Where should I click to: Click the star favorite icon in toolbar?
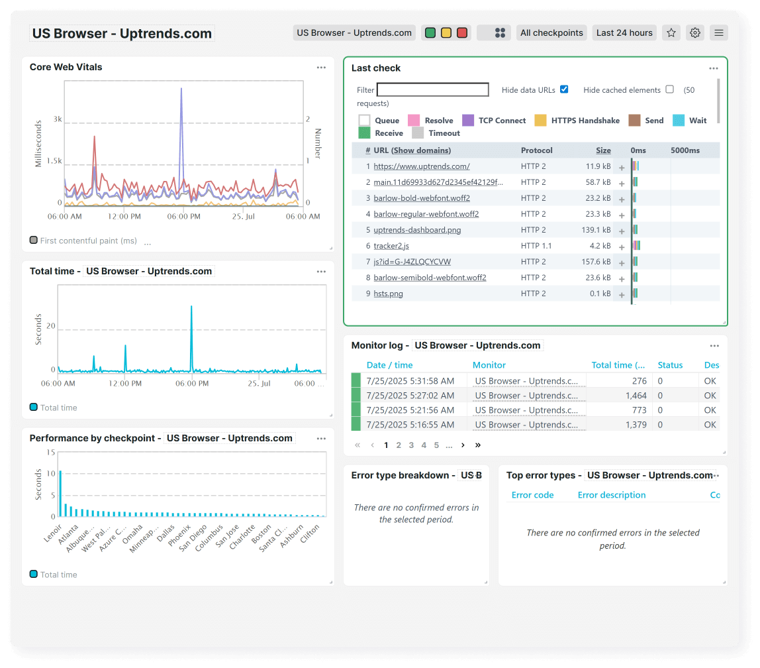click(671, 32)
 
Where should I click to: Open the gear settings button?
click(695, 32)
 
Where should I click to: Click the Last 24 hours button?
click(624, 32)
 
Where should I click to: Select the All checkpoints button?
click(551, 32)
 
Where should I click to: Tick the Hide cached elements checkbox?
click(669, 89)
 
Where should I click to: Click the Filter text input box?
click(432, 89)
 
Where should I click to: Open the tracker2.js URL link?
click(391, 246)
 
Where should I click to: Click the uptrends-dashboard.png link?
click(417, 230)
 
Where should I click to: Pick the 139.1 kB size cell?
click(597, 230)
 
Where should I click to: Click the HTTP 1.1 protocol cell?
click(536, 246)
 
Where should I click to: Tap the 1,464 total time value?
click(636, 396)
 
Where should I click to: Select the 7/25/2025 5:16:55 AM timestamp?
click(410, 425)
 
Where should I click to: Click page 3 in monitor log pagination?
click(411, 445)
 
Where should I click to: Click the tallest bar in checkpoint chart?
click(60, 493)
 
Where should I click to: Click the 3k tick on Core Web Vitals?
click(58, 120)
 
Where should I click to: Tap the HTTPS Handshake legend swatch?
click(541, 121)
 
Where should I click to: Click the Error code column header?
click(532, 495)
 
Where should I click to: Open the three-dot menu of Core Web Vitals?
click(321, 68)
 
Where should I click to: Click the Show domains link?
click(421, 150)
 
